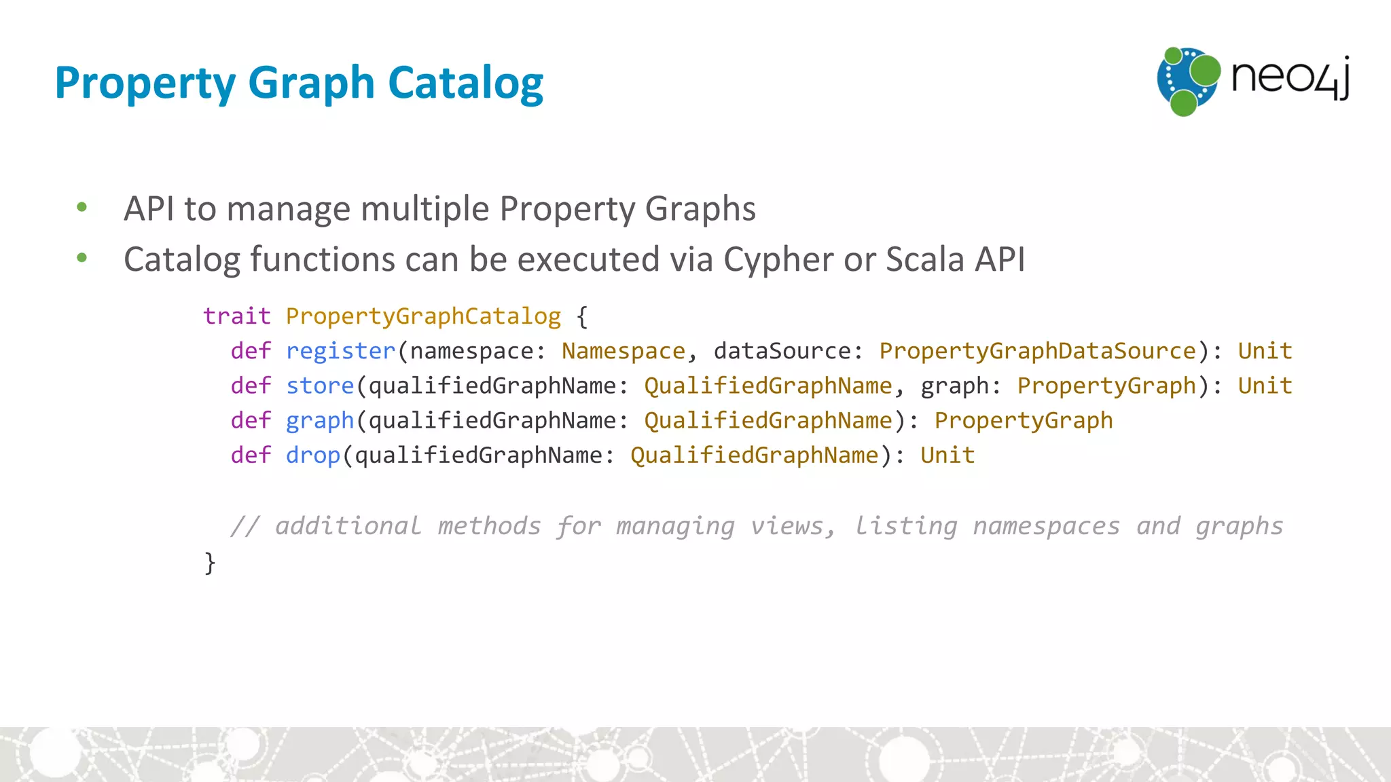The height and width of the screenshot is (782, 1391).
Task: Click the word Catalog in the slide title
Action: [465, 83]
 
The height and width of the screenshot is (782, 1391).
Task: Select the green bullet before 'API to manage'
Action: [82, 207]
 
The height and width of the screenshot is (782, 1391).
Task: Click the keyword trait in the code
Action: [237, 316]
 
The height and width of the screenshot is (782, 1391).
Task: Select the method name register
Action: [340, 351]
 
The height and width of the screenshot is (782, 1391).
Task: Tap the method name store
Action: [320, 386]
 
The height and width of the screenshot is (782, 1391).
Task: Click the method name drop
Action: [312, 455]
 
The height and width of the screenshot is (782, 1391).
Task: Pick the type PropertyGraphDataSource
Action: [1037, 351]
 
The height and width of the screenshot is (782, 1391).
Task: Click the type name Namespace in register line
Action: [623, 351]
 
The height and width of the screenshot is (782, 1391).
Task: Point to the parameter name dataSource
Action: [782, 351]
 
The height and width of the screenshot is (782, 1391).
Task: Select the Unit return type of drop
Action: [947, 455]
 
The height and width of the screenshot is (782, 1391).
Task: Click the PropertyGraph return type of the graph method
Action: [1024, 420]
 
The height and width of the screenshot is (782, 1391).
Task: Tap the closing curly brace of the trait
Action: [210, 563]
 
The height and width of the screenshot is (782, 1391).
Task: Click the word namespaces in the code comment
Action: [1046, 526]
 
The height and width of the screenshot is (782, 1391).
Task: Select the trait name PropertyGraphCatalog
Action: [423, 316]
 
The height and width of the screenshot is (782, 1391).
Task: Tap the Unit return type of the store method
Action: [1265, 386]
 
